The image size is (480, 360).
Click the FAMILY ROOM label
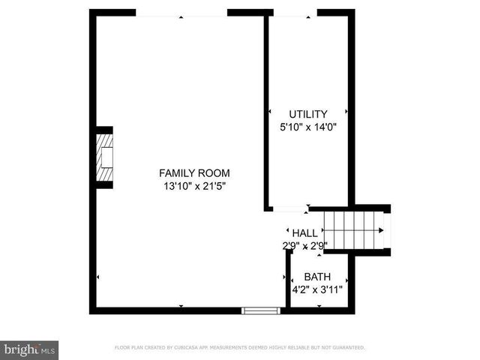[x=193, y=173]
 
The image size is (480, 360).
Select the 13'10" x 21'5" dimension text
[x=193, y=186]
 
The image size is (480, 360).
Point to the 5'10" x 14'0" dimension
[x=308, y=127]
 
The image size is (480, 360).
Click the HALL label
[x=304, y=233]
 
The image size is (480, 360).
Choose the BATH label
[x=317, y=277]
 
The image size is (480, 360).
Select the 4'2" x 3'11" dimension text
[x=317, y=289]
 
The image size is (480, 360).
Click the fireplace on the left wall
[x=106, y=157]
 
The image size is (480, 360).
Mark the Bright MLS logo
[x=30, y=349]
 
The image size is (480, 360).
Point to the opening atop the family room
[x=181, y=13]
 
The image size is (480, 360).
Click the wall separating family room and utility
[x=266, y=112]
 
